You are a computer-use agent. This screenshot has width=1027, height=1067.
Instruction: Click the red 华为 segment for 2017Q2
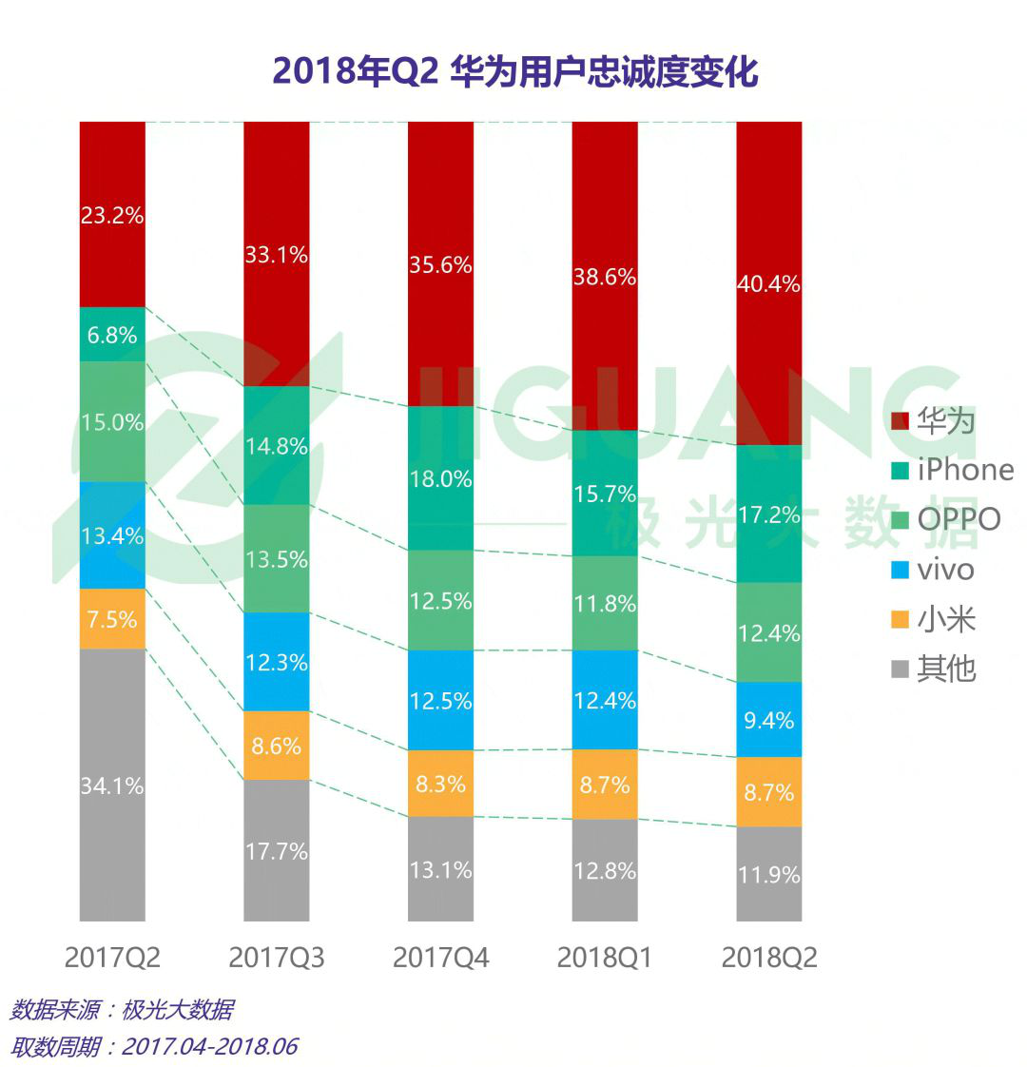[112, 214]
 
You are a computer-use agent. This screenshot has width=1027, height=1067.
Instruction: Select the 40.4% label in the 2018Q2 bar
[768, 283]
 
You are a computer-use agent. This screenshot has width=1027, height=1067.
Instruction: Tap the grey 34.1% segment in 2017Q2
[112, 785]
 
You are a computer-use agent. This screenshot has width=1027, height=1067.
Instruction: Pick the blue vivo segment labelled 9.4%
[768, 720]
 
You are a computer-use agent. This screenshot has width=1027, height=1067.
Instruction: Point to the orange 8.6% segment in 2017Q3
[277, 746]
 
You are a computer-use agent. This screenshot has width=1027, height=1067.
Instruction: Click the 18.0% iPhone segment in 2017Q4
[440, 478]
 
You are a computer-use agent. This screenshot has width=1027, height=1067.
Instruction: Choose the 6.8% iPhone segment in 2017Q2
[112, 335]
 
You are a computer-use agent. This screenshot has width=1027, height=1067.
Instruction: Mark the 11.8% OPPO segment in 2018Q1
[604, 603]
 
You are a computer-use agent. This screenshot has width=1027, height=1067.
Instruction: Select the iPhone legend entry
[951, 470]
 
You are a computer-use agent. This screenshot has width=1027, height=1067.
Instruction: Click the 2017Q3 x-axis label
[277, 957]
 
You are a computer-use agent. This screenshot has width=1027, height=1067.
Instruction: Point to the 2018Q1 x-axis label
[604, 957]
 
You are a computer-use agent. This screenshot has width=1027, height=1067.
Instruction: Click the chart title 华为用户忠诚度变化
[514, 72]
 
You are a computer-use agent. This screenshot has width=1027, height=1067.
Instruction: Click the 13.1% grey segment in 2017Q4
[440, 869]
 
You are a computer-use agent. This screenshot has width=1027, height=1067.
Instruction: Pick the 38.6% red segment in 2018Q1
[604, 276]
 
